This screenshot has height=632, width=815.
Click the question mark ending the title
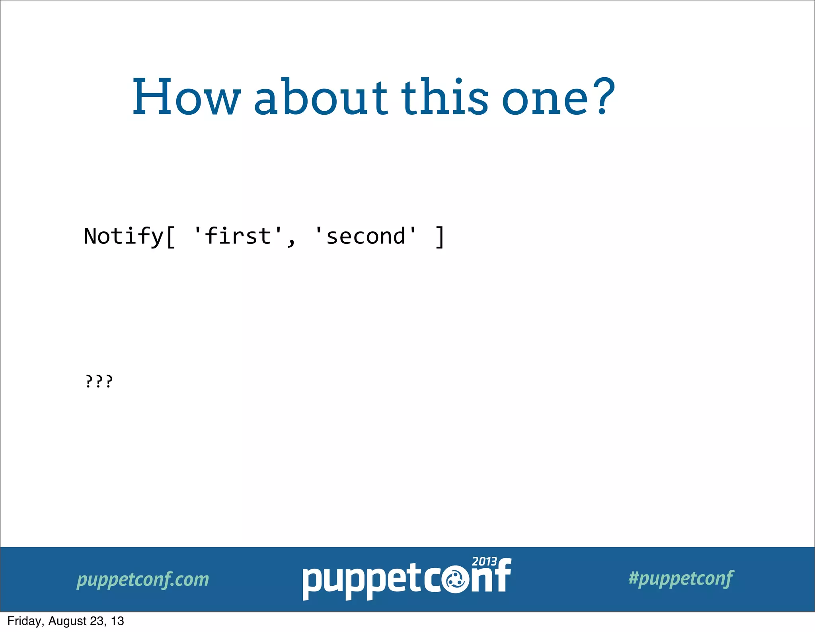(x=602, y=97)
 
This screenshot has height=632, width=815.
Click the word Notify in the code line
(x=123, y=236)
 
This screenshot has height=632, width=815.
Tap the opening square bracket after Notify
(x=170, y=237)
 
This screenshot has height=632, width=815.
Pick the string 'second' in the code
(x=365, y=236)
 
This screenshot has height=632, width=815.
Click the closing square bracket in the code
(x=439, y=237)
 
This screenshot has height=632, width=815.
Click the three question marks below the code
(x=99, y=382)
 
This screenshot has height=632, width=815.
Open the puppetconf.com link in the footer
(x=143, y=579)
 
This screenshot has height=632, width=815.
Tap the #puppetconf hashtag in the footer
(x=681, y=578)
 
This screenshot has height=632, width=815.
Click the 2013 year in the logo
(x=484, y=562)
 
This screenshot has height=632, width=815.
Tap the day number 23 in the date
(x=98, y=621)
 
